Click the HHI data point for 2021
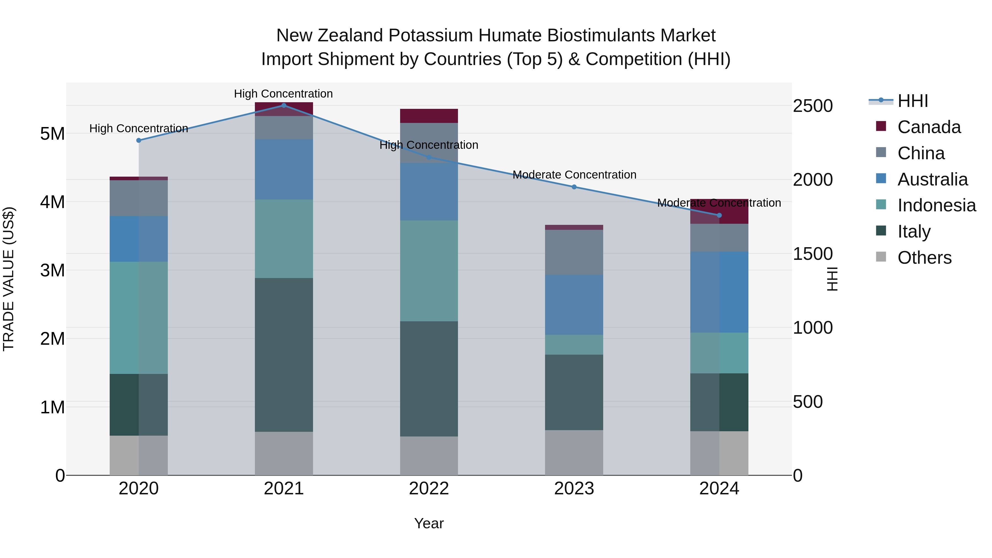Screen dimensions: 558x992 (x=284, y=105)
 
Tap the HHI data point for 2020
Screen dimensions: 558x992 (x=139, y=140)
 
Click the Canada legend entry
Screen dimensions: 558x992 (x=929, y=127)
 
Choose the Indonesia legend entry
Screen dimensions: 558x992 (x=937, y=205)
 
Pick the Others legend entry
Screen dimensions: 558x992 (x=924, y=258)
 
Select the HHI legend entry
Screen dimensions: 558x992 (x=913, y=101)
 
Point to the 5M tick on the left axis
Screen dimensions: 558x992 (x=52, y=134)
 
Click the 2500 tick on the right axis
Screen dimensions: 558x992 (x=813, y=106)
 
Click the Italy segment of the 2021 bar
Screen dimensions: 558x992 (x=284, y=354)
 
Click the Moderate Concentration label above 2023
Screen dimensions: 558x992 (x=574, y=175)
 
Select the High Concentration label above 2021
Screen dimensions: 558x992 (x=284, y=94)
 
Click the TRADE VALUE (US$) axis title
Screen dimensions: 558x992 (x=9, y=279)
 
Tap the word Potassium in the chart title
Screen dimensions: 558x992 (x=432, y=36)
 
